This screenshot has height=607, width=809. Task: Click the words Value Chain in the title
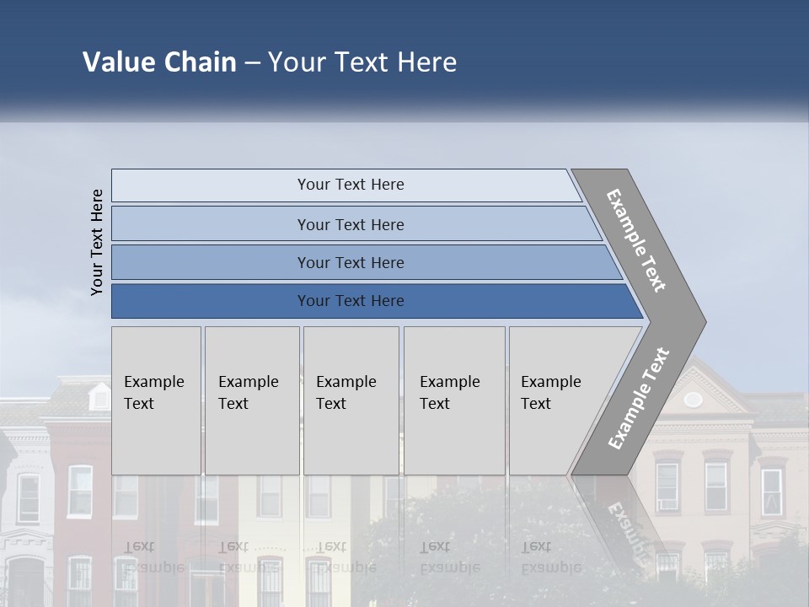[159, 62]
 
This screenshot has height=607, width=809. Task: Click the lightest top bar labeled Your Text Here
[350, 185]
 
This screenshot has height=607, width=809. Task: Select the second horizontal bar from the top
[350, 224]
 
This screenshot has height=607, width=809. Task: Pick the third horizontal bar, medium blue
[350, 262]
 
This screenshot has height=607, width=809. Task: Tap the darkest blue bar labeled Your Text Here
[350, 301]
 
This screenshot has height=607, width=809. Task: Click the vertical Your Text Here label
[97, 242]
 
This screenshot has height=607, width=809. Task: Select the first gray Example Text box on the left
[156, 400]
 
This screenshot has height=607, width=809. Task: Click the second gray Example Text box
[251, 400]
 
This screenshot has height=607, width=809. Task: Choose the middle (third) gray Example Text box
[351, 400]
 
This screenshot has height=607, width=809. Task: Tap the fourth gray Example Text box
[453, 400]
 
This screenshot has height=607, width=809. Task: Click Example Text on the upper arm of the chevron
[637, 240]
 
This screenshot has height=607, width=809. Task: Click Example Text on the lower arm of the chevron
[639, 399]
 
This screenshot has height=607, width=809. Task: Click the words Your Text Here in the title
[362, 62]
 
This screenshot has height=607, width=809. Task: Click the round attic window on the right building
[693, 400]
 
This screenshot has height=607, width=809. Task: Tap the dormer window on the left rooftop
[99, 396]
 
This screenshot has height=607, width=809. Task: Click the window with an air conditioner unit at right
[667, 486]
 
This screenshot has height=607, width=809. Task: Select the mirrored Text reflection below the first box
[140, 546]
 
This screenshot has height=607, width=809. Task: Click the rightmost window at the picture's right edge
[771, 492]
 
